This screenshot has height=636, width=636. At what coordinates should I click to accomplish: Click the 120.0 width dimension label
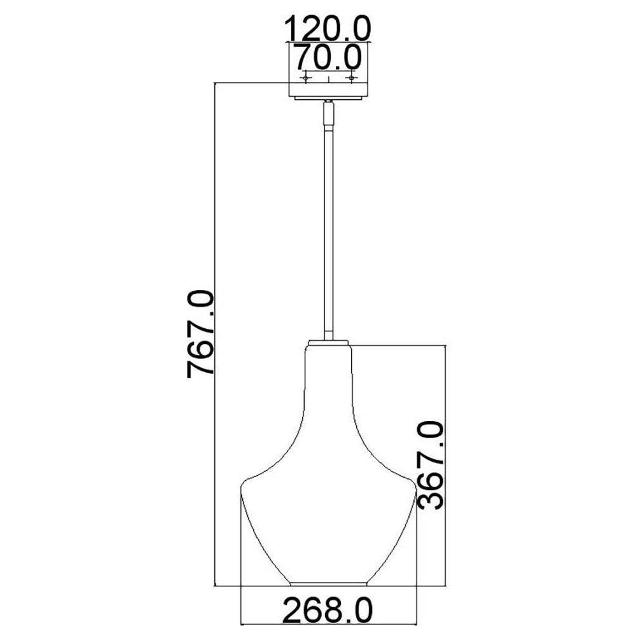[x=328, y=29]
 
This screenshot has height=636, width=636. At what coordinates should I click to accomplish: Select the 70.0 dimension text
[x=328, y=57]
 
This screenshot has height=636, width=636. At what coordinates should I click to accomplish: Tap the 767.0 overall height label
[x=200, y=334]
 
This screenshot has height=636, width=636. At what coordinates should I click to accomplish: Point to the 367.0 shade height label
[x=431, y=466]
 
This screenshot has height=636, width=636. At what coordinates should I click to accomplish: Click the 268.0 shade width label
[x=328, y=610]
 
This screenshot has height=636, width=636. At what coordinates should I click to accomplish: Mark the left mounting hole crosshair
[x=305, y=77]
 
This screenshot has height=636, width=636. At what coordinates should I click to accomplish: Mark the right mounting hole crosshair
[x=351, y=77]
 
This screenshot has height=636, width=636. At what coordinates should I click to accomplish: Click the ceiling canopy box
[x=328, y=90]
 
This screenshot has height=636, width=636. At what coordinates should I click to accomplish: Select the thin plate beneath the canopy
[x=328, y=98]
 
